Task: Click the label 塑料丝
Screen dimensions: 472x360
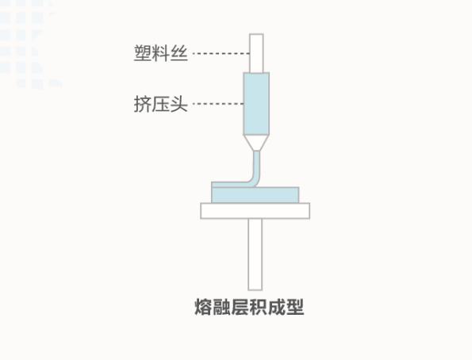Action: click(x=161, y=53)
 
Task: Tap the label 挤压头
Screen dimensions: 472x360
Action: click(x=161, y=104)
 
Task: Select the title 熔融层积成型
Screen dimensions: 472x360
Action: click(x=249, y=307)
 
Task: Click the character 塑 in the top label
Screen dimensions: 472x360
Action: click(x=143, y=53)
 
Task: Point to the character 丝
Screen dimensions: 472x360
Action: click(x=179, y=53)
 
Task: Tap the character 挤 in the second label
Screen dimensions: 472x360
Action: click(x=143, y=104)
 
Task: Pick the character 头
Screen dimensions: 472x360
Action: click(x=179, y=104)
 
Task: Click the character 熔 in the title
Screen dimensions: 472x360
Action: click(x=204, y=307)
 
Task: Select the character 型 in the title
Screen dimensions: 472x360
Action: click(x=295, y=307)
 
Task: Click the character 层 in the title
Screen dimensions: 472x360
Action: click(x=240, y=307)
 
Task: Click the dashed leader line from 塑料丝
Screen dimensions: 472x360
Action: click(x=221, y=54)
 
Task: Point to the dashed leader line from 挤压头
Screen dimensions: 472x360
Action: click(x=218, y=104)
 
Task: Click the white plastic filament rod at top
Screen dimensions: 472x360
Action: click(x=256, y=53)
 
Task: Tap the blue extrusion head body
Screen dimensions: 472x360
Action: click(x=256, y=104)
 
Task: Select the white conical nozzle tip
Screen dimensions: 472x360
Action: click(x=256, y=143)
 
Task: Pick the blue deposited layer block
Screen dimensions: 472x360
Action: click(x=255, y=195)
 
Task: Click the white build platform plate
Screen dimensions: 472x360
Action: click(x=255, y=211)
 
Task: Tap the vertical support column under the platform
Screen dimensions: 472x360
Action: click(x=255, y=255)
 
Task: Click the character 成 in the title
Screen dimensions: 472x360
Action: click(x=277, y=307)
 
